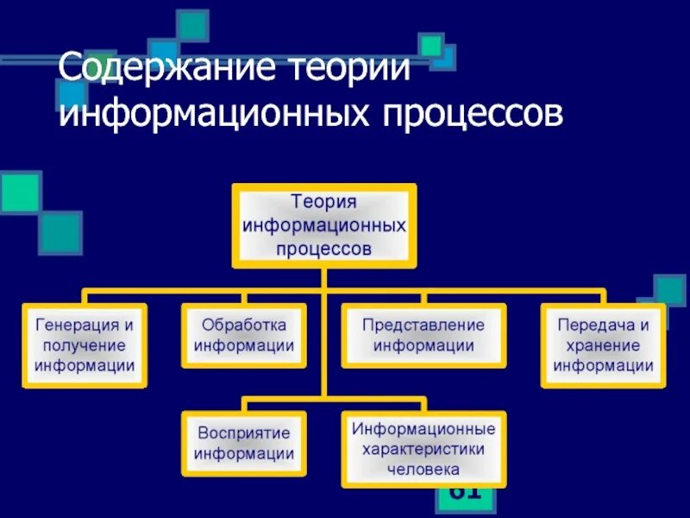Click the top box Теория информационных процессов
tap(323, 225)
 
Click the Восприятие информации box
tap(244, 443)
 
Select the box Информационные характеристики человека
tap(423, 449)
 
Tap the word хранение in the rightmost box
tap(603, 345)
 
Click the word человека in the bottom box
tap(423, 471)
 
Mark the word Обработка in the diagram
tap(244, 325)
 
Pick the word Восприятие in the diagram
tap(244, 433)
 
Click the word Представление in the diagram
tap(423, 325)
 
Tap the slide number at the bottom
tap(465, 494)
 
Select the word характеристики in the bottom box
tap(423, 449)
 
